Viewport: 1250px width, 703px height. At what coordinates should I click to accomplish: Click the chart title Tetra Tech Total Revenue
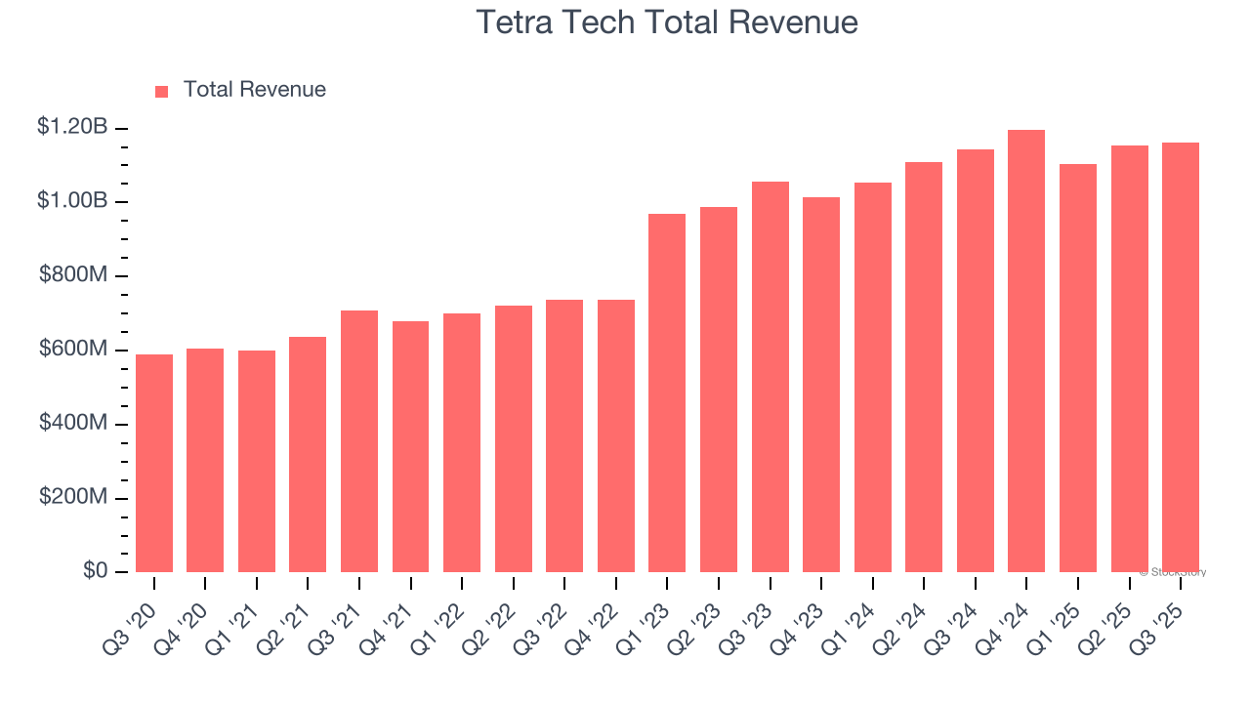click(x=667, y=21)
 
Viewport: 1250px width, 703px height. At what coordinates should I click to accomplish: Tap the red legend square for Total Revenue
click(x=162, y=91)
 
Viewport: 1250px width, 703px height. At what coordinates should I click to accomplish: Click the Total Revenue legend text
click(x=255, y=90)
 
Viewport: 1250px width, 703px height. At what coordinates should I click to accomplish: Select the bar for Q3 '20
click(x=154, y=464)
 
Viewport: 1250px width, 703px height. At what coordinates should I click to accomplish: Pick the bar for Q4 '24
click(x=1026, y=351)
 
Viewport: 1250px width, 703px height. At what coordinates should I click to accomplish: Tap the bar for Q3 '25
click(x=1180, y=357)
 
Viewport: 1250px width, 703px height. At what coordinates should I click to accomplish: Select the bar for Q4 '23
click(x=821, y=385)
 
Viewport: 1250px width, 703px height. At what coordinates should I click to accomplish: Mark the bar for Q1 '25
click(x=1078, y=368)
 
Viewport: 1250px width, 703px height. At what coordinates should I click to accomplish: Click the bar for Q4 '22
click(x=616, y=436)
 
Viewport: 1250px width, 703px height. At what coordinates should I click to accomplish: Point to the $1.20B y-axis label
click(x=72, y=126)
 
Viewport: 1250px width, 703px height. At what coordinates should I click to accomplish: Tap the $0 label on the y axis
click(x=95, y=570)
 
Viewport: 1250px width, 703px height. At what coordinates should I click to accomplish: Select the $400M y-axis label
click(x=72, y=423)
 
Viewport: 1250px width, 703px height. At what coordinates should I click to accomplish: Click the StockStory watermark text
click(x=1173, y=572)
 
